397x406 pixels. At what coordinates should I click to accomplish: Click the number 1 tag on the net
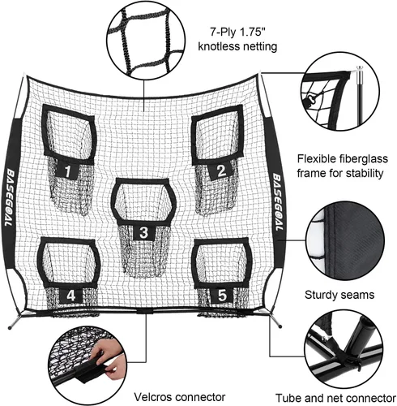click(67, 171)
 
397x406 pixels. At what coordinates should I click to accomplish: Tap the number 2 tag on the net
click(221, 171)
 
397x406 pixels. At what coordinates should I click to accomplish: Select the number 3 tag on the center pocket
click(144, 232)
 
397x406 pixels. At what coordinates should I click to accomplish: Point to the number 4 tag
click(70, 296)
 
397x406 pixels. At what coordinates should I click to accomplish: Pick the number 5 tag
click(222, 295)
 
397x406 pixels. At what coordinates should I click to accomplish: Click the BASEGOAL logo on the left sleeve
click(9, 197)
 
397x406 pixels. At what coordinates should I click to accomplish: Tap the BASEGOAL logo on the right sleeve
click(278, 201)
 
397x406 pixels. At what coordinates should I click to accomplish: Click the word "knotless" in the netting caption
click(220, 46)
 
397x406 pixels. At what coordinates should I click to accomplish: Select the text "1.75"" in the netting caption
click(248, 32)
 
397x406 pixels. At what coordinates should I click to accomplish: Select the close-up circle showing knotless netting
click(146, 40)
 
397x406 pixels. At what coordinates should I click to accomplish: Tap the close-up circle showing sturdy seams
click(345, 240)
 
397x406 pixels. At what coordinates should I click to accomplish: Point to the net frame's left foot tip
click(10, 328)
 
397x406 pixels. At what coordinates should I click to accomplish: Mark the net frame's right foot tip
click(280, 326)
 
